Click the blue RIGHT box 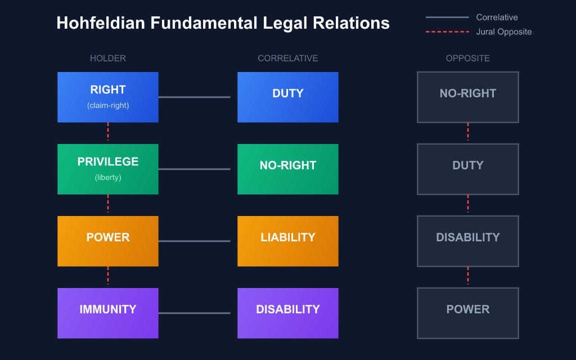(107, 97)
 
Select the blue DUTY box (287, 97)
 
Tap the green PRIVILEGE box (107, 169)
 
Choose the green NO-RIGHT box (287, 169)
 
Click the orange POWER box (107, 241)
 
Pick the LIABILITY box (287, 241)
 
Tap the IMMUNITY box (107, 313)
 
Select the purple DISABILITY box (287, 313)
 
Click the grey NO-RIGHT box (467, 97)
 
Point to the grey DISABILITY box (467, 241)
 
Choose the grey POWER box (467, 313)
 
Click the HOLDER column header (107, 58)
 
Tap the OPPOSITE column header (467, 58)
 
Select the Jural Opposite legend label (503, 32)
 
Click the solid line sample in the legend (447, 17)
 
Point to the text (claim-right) (107, 105)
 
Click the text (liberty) (107, 177)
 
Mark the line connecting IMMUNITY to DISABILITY (194, 313)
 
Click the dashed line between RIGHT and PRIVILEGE (107, 133)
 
